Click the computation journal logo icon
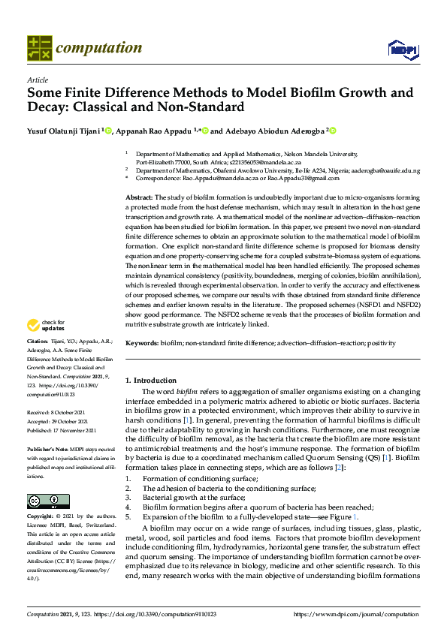point(39,48)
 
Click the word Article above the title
point(37,80)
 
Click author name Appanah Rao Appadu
point(153,131)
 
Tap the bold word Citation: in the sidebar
point(40,361)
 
